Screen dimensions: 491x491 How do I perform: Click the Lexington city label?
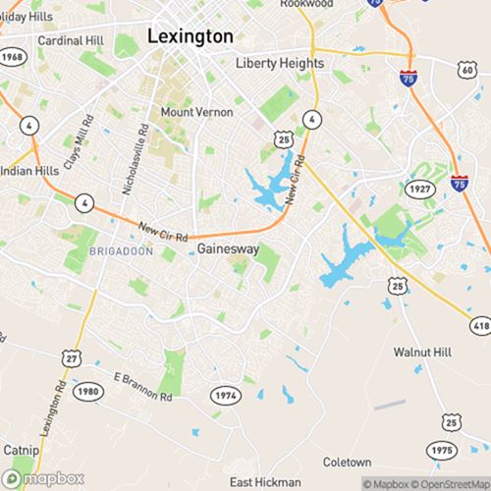[191, 35]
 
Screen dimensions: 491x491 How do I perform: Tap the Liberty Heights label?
[279, 63]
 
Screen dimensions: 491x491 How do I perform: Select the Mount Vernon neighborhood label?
[196, 112]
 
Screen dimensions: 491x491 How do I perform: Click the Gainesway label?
[228, 249]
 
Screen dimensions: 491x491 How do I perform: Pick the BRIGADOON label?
[121, 252]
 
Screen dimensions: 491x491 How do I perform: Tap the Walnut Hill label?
[421, 352]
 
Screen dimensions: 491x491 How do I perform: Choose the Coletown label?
[348, 462]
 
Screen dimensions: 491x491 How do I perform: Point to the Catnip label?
[21, 450]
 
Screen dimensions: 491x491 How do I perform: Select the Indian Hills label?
[28, 169]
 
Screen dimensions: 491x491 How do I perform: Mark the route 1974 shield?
[225, 395]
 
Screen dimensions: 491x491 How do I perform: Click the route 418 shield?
[480, 324]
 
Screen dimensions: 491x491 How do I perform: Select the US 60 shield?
[467, 70]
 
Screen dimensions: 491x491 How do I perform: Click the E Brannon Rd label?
[142, 386]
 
